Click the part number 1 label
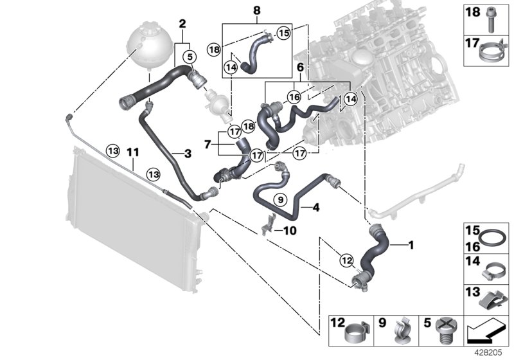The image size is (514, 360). [x=411, y=244]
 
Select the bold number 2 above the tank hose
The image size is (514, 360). [x=182, y=23]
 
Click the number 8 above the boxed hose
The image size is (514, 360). [x=257, y=10]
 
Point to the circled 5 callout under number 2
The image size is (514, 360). [x=190, y=57]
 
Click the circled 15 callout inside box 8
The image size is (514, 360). [x=284, y=31]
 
